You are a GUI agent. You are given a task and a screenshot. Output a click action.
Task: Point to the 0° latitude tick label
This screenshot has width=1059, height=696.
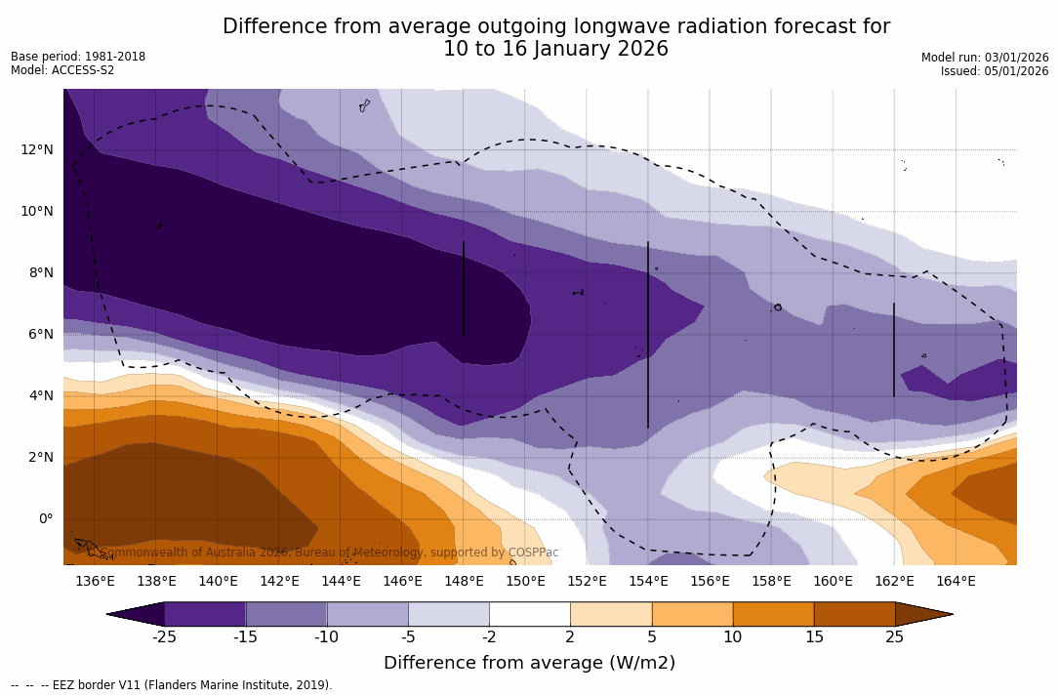pos(46,518)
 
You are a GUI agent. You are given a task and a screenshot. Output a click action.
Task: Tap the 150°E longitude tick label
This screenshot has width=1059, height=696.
pos(525,582)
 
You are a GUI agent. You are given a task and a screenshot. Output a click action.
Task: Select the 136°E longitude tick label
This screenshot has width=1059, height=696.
pos(95,582)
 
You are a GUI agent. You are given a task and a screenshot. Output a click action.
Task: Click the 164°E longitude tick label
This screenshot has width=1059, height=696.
pos(956,582)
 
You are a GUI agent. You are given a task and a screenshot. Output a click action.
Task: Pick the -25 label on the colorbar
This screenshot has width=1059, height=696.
pos(164,637)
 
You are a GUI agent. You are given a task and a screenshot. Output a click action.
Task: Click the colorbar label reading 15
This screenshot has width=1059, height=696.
pos(813,637)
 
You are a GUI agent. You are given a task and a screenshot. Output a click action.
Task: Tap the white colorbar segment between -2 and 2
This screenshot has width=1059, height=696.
pos(529,614)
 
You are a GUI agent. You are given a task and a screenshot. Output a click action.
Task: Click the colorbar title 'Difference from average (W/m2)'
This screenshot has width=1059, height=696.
pos(529,663)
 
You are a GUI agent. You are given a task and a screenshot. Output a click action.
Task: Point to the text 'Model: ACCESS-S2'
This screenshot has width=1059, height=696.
pos(62,70)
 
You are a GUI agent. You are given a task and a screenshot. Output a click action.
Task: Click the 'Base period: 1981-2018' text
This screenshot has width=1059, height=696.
pos(78,57)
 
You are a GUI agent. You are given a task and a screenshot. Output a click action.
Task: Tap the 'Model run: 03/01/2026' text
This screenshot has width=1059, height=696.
pos(985,58)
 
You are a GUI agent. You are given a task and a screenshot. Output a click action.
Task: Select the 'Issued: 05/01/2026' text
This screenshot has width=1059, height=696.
pos(995,71)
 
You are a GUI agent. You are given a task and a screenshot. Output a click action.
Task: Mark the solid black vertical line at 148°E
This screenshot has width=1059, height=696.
pos(464,289)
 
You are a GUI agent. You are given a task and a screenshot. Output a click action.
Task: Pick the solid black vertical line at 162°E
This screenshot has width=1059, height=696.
pos(894,349)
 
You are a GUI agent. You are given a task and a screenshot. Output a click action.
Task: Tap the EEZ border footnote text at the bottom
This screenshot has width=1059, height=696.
pos(172,685)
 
